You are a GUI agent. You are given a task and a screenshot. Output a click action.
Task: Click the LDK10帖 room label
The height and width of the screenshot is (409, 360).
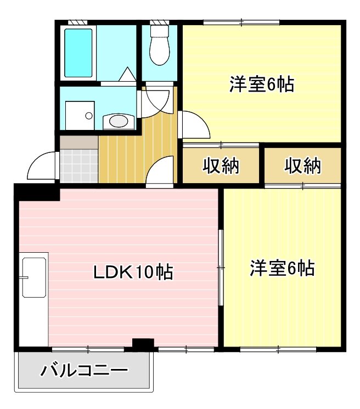pyautogui.click(x=132, y=271)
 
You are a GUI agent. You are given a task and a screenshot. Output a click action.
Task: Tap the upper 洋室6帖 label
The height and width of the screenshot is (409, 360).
pyautogui.click(x=262, y=85)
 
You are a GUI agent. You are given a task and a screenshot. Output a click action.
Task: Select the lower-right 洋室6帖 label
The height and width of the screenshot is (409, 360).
pyautogui.click(x=282, y=269)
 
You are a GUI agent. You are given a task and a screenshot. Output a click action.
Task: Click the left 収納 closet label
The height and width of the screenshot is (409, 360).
pyautogui.click(x=222, y=166)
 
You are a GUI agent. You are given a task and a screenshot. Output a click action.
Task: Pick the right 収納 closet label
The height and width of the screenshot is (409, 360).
pyautogui.click(x=303, y=166)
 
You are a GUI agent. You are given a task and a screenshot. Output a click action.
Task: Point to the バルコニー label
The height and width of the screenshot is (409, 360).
pyautogui.click(x=85, y=371)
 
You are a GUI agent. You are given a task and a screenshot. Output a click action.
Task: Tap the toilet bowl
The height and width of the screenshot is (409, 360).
pyautogui.click(x=160, y=49)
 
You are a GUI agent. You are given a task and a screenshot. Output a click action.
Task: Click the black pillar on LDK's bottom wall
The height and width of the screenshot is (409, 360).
pyautogui.click(x=143, y=345)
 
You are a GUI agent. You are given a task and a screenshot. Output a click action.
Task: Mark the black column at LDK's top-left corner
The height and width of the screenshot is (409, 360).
pyautogui.click(x=36, y=192)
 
